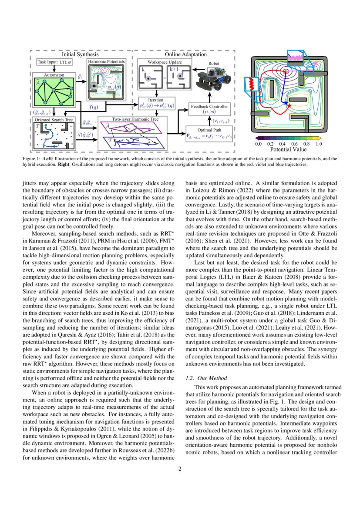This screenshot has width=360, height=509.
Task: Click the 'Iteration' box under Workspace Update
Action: tap(156, 104)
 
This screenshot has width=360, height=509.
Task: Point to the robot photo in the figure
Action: tap(212, 81)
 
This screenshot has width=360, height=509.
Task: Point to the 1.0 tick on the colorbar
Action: tap(318, 143)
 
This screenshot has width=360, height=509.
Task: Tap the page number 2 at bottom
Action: tap(180, 469)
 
